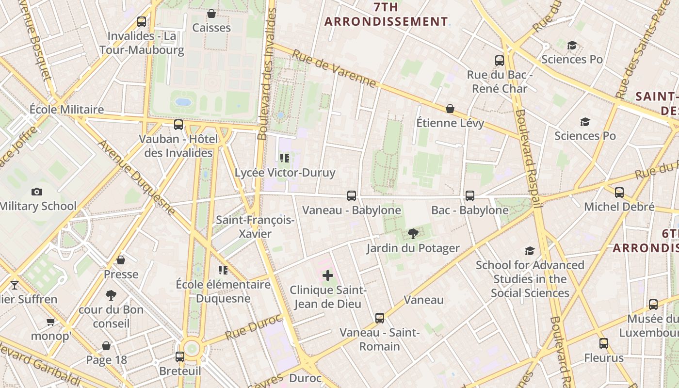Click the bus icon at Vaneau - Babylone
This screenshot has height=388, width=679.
352,196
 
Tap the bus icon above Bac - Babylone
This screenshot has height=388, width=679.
469,196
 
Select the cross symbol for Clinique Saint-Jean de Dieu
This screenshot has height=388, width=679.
328,275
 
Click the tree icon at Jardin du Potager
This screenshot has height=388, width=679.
413,234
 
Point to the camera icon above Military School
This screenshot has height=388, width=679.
36,192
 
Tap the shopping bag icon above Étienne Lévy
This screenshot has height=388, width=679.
450,109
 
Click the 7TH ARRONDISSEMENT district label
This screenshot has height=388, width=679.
386,15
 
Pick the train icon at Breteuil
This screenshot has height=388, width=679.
180,357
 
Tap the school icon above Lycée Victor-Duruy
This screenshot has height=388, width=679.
285,158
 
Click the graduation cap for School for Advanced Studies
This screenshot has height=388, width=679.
530,251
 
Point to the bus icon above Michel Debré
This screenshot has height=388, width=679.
619,193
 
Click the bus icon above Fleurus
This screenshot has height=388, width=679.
604,343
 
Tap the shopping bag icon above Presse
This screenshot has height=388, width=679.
121,260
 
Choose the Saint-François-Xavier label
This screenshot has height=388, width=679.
255,226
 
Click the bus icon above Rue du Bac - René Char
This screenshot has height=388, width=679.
500,61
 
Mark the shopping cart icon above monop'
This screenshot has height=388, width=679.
50,322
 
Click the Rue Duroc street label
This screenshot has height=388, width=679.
253,326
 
